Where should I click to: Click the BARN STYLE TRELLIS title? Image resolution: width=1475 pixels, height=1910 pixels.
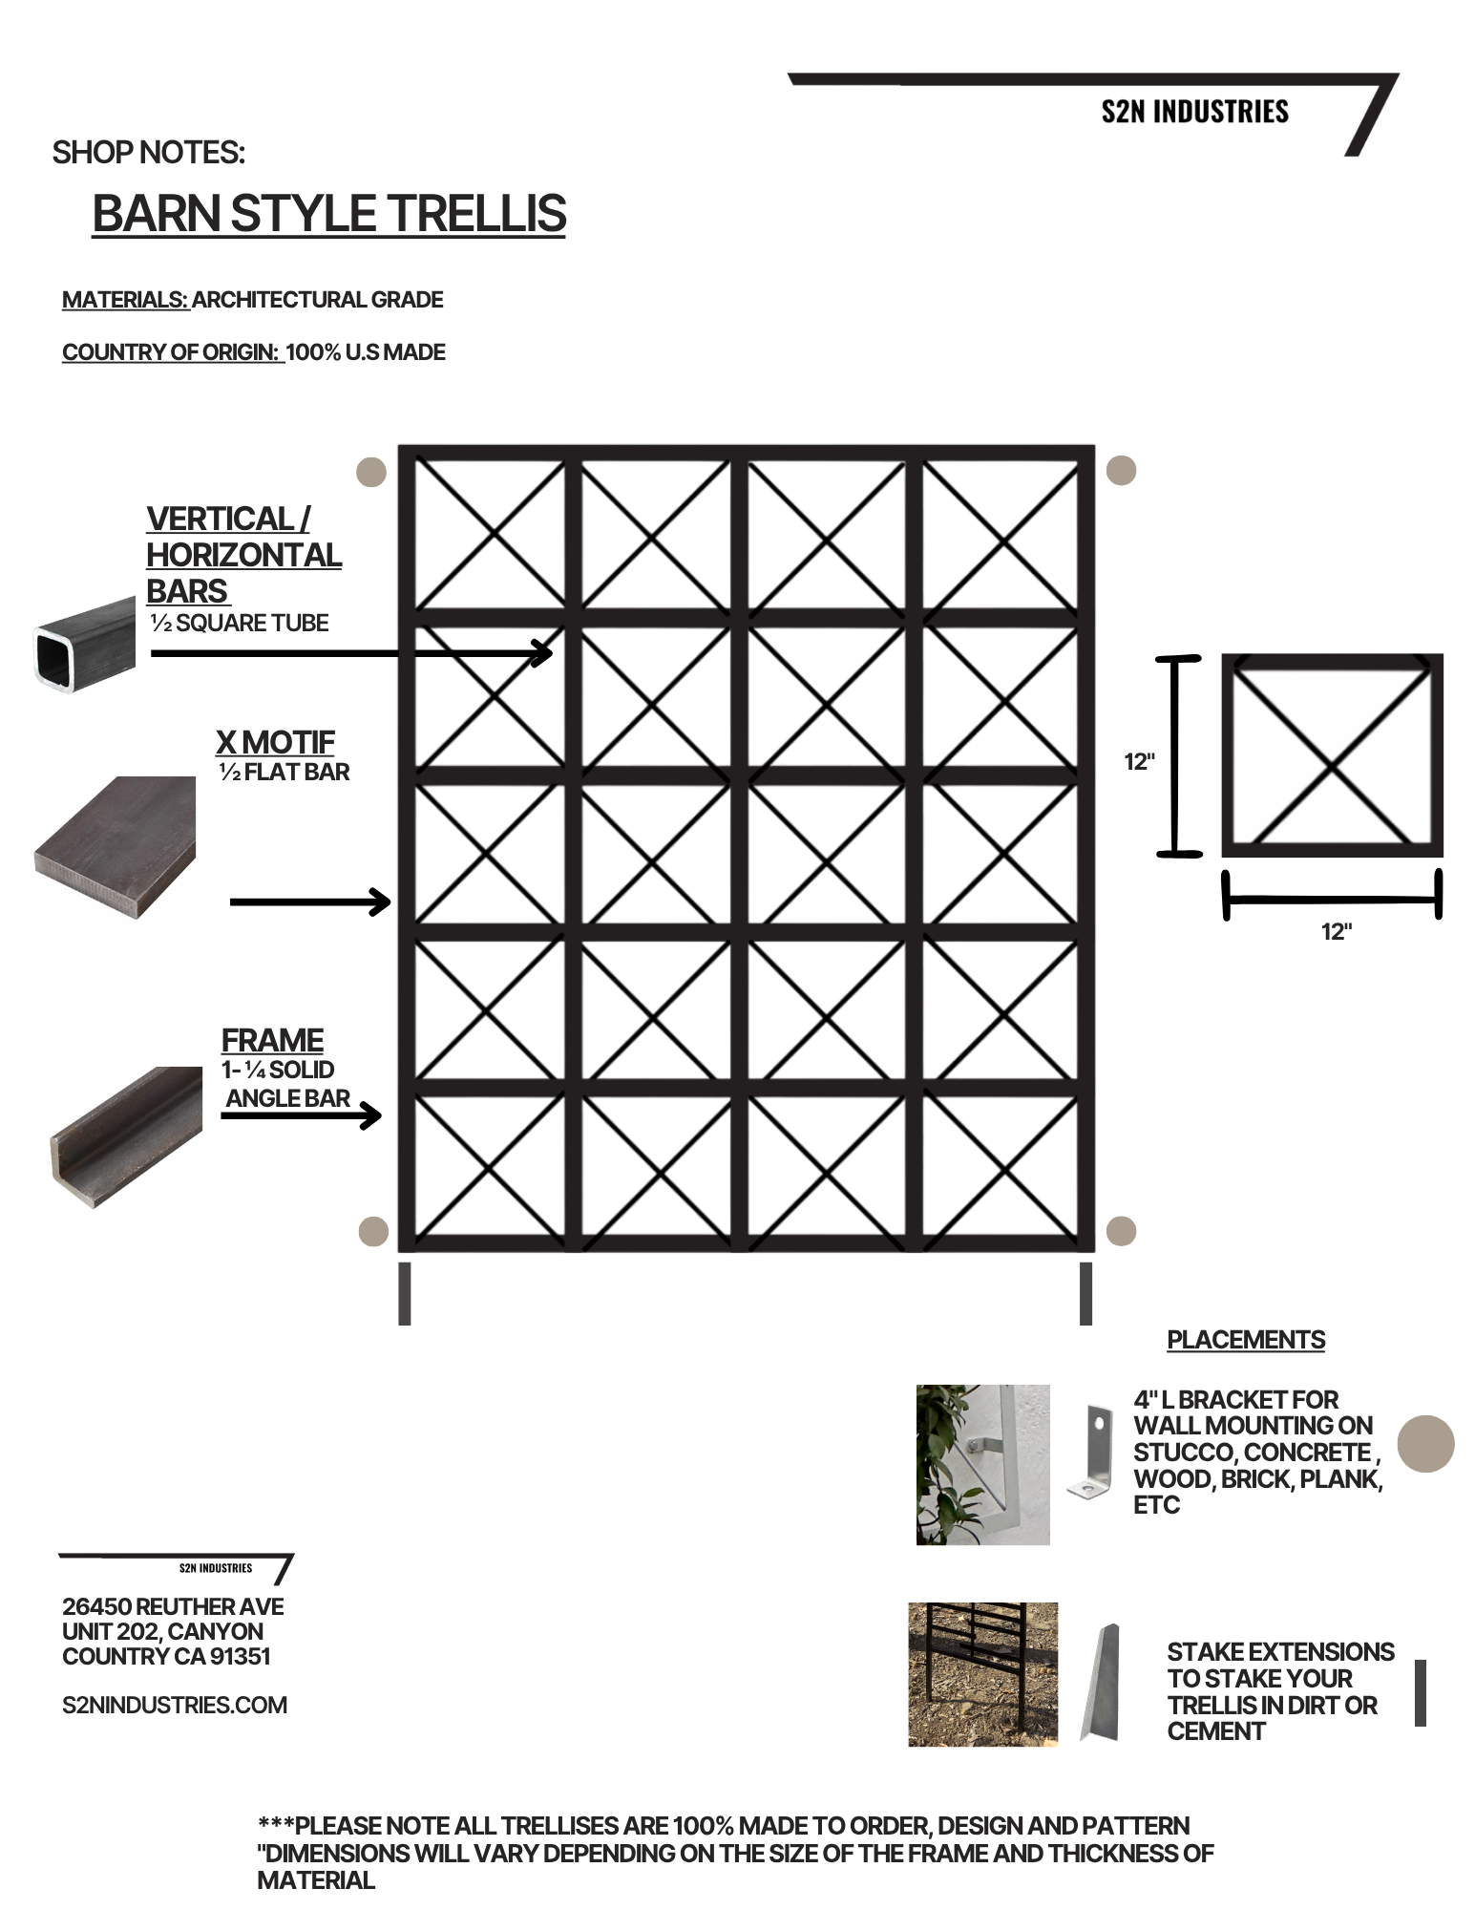pyautogui.click(x=329, y=213)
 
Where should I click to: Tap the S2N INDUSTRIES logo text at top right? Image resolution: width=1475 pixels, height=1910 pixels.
pyautogui.click(x=1194, y=112)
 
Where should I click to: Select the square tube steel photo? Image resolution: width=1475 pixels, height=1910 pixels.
pyautogui.click(x=85, y=645)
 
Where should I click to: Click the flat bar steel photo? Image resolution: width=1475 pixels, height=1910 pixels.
pyautogui.click(x=115, y=848)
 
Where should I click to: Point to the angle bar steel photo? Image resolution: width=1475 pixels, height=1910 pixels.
pyautogui.click(x=126, y=1136)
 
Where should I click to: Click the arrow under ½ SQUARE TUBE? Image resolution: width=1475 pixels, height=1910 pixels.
pyautogui.click(x=352, y=653)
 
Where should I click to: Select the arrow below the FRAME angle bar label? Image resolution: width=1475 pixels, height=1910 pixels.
pyautogui.click(x=302, y=1114)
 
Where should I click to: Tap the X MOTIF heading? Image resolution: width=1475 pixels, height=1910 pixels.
pyautogui.click(x=275, y=742)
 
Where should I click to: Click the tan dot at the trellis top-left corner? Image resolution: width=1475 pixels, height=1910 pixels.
pyautogui.click(x=370, y=472)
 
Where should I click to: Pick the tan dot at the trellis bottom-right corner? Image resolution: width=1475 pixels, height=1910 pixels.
pyautogui.click(x=1121, y=1231)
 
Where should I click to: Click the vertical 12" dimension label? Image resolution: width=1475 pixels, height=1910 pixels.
pyautogui.click(x=1139, y=762)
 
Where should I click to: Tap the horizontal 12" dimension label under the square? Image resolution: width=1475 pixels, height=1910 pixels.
pyautogui.click(x=1337, y=932)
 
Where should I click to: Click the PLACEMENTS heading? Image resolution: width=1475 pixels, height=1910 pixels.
pyautogui.click(x=1246, y=1340)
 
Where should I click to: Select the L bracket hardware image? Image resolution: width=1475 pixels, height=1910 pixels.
pyautogui.click(x=1090, y=1452)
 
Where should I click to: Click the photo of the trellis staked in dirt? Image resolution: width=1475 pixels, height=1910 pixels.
pyautogui.click(x=983, y=1675)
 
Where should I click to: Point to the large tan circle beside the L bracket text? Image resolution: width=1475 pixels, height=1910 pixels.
pyautogui.click(x=1426, y=1443)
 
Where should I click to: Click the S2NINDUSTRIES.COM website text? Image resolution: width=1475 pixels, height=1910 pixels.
pyautogui.click(x=175, y=1705)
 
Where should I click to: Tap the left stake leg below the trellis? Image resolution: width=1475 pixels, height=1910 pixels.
pyautogui.click(x=405, y=1294)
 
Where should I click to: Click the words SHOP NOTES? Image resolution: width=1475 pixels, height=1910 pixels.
pyautogui.click(x=148, y=153)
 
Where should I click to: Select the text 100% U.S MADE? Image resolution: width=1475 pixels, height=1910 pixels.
pyautogui.click(x=366, y=352)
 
